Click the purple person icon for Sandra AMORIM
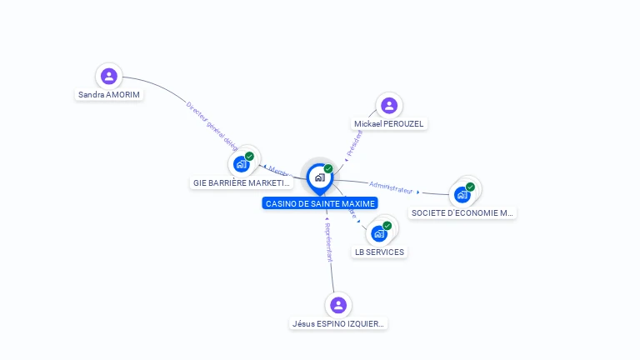click(108, 77)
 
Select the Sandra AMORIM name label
click(109, 95)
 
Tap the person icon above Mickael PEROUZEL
click(388, 106)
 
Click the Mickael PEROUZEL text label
click(389, 124)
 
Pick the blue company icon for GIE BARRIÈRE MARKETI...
click(241, 164)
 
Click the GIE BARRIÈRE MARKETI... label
click(242, 182)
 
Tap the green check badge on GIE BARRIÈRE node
click(249, 157)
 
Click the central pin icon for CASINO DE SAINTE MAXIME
click(319, 177)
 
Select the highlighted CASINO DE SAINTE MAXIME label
click(321, 203)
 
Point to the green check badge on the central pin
click(328, 169)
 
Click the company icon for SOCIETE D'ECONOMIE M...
click(462, 195)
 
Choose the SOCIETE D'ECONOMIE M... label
click(462, 212)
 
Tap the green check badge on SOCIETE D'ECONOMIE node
click(470, 187)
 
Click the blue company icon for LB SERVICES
click(379, 233)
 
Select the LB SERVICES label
click(380, 252)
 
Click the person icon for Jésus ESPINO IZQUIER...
click(337, 304)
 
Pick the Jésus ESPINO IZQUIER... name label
click(339, 323)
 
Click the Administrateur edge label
click(391, 187)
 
